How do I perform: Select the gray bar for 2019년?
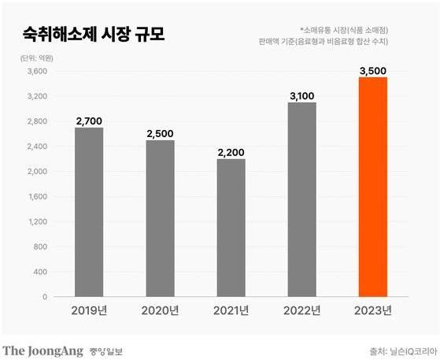click(89, 212)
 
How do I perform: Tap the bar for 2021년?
click(231, 228)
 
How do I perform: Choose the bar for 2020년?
click(160, 218)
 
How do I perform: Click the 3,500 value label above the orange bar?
click(372, 70)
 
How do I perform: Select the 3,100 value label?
click(301, 96)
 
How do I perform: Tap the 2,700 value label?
click(89, 121)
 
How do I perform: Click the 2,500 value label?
click(160, 133)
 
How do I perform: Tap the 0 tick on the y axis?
click(46, 297)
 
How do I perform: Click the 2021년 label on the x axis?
click(231, 312)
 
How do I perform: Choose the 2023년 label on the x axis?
click(372, 312)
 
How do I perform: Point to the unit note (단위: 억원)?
click(34, 57)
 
